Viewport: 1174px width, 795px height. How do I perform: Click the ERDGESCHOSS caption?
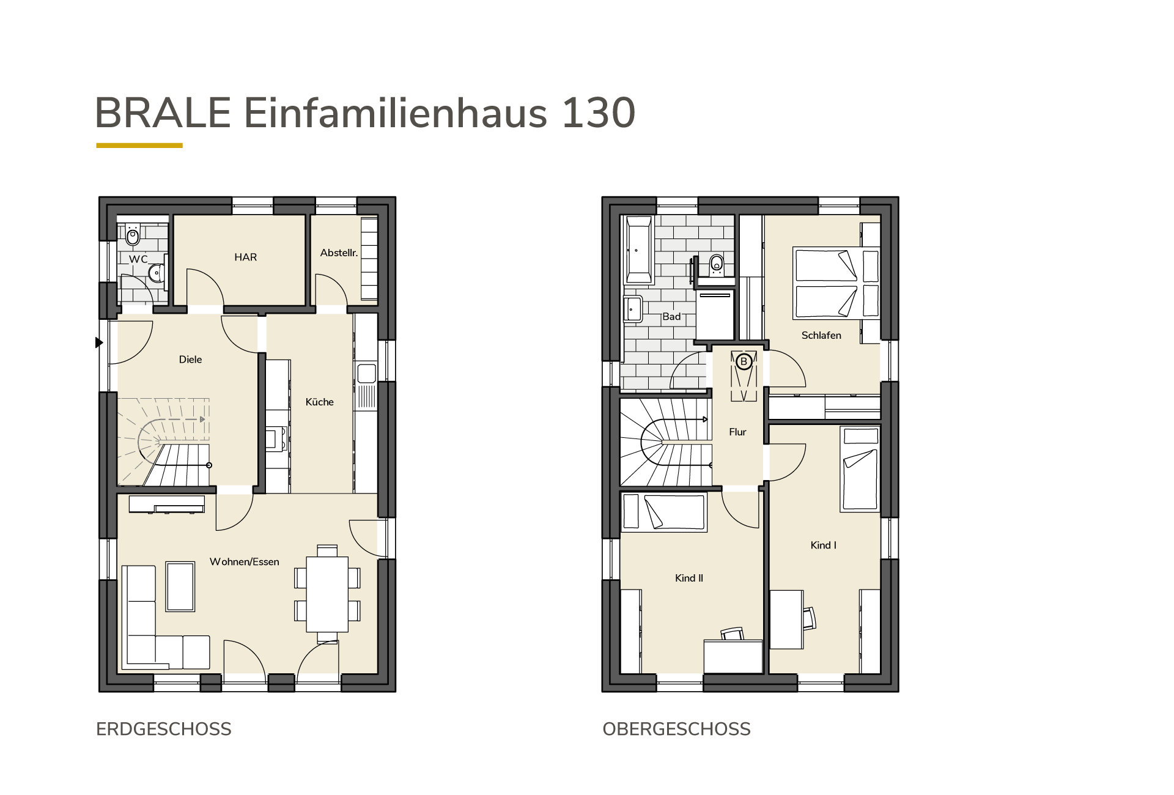[164, 729]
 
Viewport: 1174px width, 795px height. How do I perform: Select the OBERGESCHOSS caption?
[676, 729]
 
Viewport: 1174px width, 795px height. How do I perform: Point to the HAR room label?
[245, 257]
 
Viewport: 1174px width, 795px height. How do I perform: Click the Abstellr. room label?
[339, 253]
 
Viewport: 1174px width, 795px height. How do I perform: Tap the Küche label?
[319, 402]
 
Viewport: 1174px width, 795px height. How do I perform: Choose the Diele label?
[190, 360]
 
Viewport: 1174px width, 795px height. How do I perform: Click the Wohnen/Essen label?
[244, 562]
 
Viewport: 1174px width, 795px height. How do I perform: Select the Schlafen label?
[821, 335]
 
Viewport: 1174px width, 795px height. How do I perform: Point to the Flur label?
[737, 432]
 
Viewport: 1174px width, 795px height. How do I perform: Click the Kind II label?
[689, 578]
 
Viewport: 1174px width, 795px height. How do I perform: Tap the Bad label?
[671, 317]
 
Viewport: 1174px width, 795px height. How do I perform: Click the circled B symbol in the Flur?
[744, 361]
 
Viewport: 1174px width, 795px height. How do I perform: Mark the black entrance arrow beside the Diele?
[99, 343]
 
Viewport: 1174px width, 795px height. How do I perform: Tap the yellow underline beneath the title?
[139, 146]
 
